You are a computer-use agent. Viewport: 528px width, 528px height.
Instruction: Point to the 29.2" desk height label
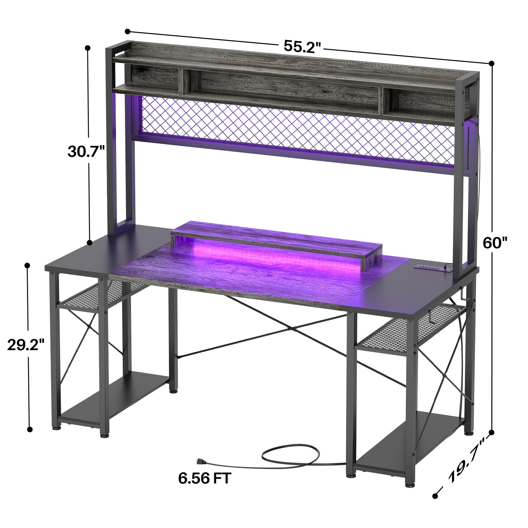pos(26,345)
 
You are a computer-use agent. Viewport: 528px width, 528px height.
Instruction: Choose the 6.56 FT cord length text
pos(205,478)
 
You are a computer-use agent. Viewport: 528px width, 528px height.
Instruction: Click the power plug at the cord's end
pos(200,461)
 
